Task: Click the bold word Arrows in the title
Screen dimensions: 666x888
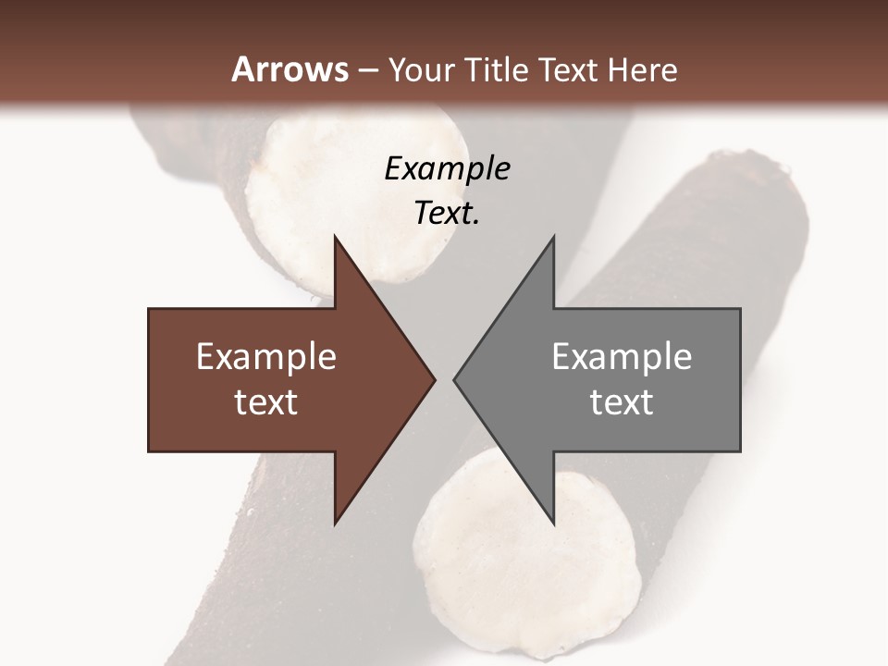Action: coord(289,69)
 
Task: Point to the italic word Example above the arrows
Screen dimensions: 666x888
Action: coord(447,168)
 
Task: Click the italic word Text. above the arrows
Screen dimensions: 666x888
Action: coord(447,213)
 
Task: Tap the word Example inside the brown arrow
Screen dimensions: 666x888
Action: coord(266,357)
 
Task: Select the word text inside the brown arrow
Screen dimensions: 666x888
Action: coord(266,401)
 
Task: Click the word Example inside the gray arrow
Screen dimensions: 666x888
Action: coord(622,357)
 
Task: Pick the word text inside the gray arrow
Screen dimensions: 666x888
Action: coord(622,401)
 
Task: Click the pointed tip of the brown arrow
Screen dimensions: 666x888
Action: coord(434,379)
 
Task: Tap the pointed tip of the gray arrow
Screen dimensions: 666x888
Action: coord(455,379)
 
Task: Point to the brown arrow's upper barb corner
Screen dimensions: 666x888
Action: coord(335,238)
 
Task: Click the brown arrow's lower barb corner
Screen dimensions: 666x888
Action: coord(335,523)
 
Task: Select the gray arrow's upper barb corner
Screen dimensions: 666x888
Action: coord(553,238)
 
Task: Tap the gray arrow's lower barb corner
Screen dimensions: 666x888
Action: coord(553,523)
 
